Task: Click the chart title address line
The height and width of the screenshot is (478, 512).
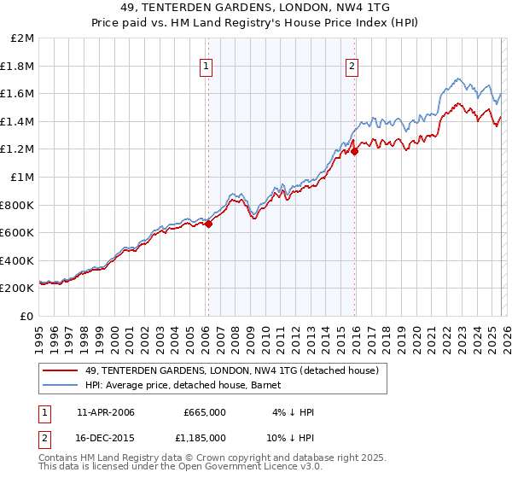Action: (x=256, y=8)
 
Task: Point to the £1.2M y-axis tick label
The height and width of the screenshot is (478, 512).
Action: (x=19, y=149)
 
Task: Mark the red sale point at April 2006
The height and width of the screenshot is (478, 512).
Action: (x=208, y=224)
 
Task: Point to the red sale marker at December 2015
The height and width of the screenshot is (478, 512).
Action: (x=355, y=152)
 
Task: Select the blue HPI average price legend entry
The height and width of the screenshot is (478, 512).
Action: (x=189, y=385)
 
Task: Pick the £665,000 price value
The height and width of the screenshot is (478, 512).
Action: (x=205, y=412)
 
